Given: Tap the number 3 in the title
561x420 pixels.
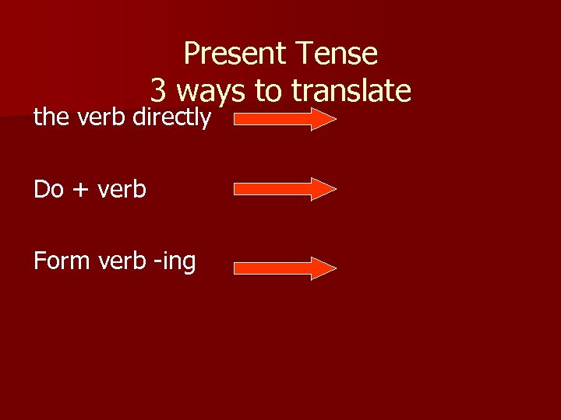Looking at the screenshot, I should pyautogui.click(x=158, y=92).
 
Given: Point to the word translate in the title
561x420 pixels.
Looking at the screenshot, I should pyautogui.click(x=351, y=92).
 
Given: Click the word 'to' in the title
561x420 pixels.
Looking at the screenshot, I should pyautogui.click(x=269, y=92).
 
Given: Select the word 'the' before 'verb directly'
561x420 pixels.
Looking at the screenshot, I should pyautogui.click(x=52, y=119).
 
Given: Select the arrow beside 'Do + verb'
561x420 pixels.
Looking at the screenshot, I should pyautogui.click(x=285, y=189).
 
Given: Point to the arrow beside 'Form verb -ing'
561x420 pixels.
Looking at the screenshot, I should pyautogui.click(x=285, y=268).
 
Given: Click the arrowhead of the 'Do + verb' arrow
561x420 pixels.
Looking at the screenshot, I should pyautogui.click(x=323, y=189).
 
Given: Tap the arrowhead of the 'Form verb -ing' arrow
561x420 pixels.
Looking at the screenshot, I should pyautogui.click(x=323, y=268).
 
